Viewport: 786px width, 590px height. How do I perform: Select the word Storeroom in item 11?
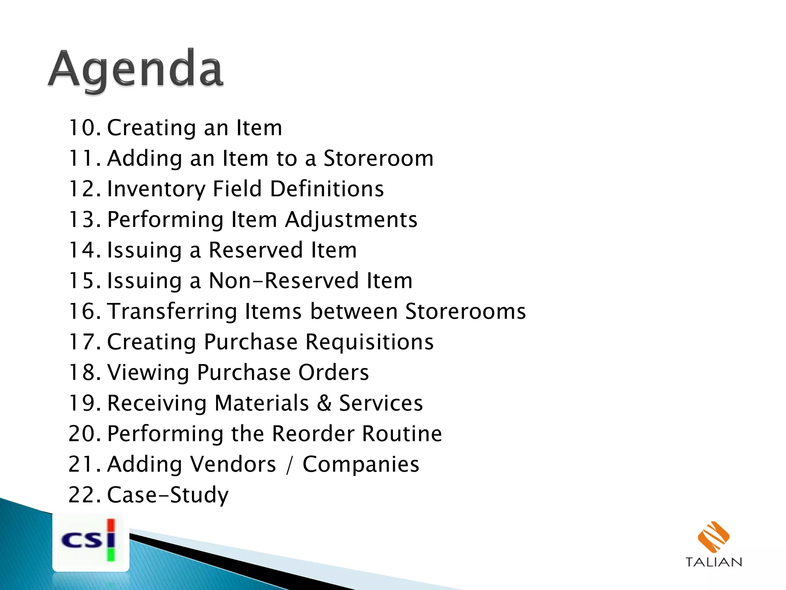point(378,158)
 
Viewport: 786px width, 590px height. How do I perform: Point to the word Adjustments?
point(351,220)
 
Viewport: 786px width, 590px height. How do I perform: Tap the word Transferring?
point(172,311)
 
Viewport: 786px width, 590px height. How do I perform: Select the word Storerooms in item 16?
point(465,311)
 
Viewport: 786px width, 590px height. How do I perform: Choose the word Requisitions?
point(369,342)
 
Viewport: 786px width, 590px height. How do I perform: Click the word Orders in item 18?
point(333,372)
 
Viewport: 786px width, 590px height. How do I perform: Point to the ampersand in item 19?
point(324,403)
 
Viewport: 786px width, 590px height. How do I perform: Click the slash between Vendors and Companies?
point(289,465)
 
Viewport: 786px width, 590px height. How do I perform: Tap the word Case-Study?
point(167,495)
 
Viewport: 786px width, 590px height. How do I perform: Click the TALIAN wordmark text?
point(713,562)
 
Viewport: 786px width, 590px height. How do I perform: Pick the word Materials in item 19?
point(262,403)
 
